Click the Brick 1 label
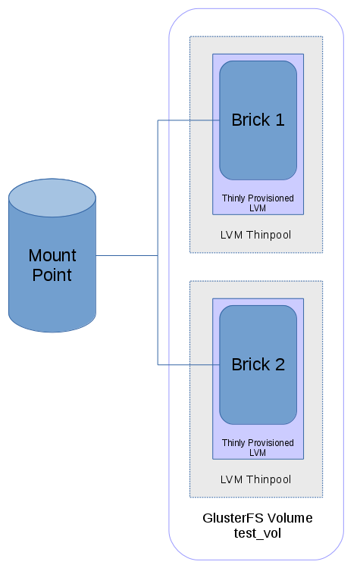(258, 120)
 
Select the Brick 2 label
(258, 364)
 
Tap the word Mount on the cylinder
(52, 255)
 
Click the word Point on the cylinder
(52, 275)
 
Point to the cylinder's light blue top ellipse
(52, 198)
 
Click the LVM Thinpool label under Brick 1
(255, 235)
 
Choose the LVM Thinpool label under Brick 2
(255, 479)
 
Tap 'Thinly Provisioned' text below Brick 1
(258, 198)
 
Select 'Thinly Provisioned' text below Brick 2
(258, 443)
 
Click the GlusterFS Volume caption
(258, 518)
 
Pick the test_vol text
(258, 533)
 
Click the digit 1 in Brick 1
(280, 120)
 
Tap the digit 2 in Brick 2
(280, 364)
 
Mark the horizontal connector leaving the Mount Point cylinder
(127, 255)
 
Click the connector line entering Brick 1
(189, 120)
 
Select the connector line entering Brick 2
(189, 364)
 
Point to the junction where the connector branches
(158, 255)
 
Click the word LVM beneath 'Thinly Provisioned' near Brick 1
(258, 208)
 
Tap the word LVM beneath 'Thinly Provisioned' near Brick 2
(258, 453)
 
